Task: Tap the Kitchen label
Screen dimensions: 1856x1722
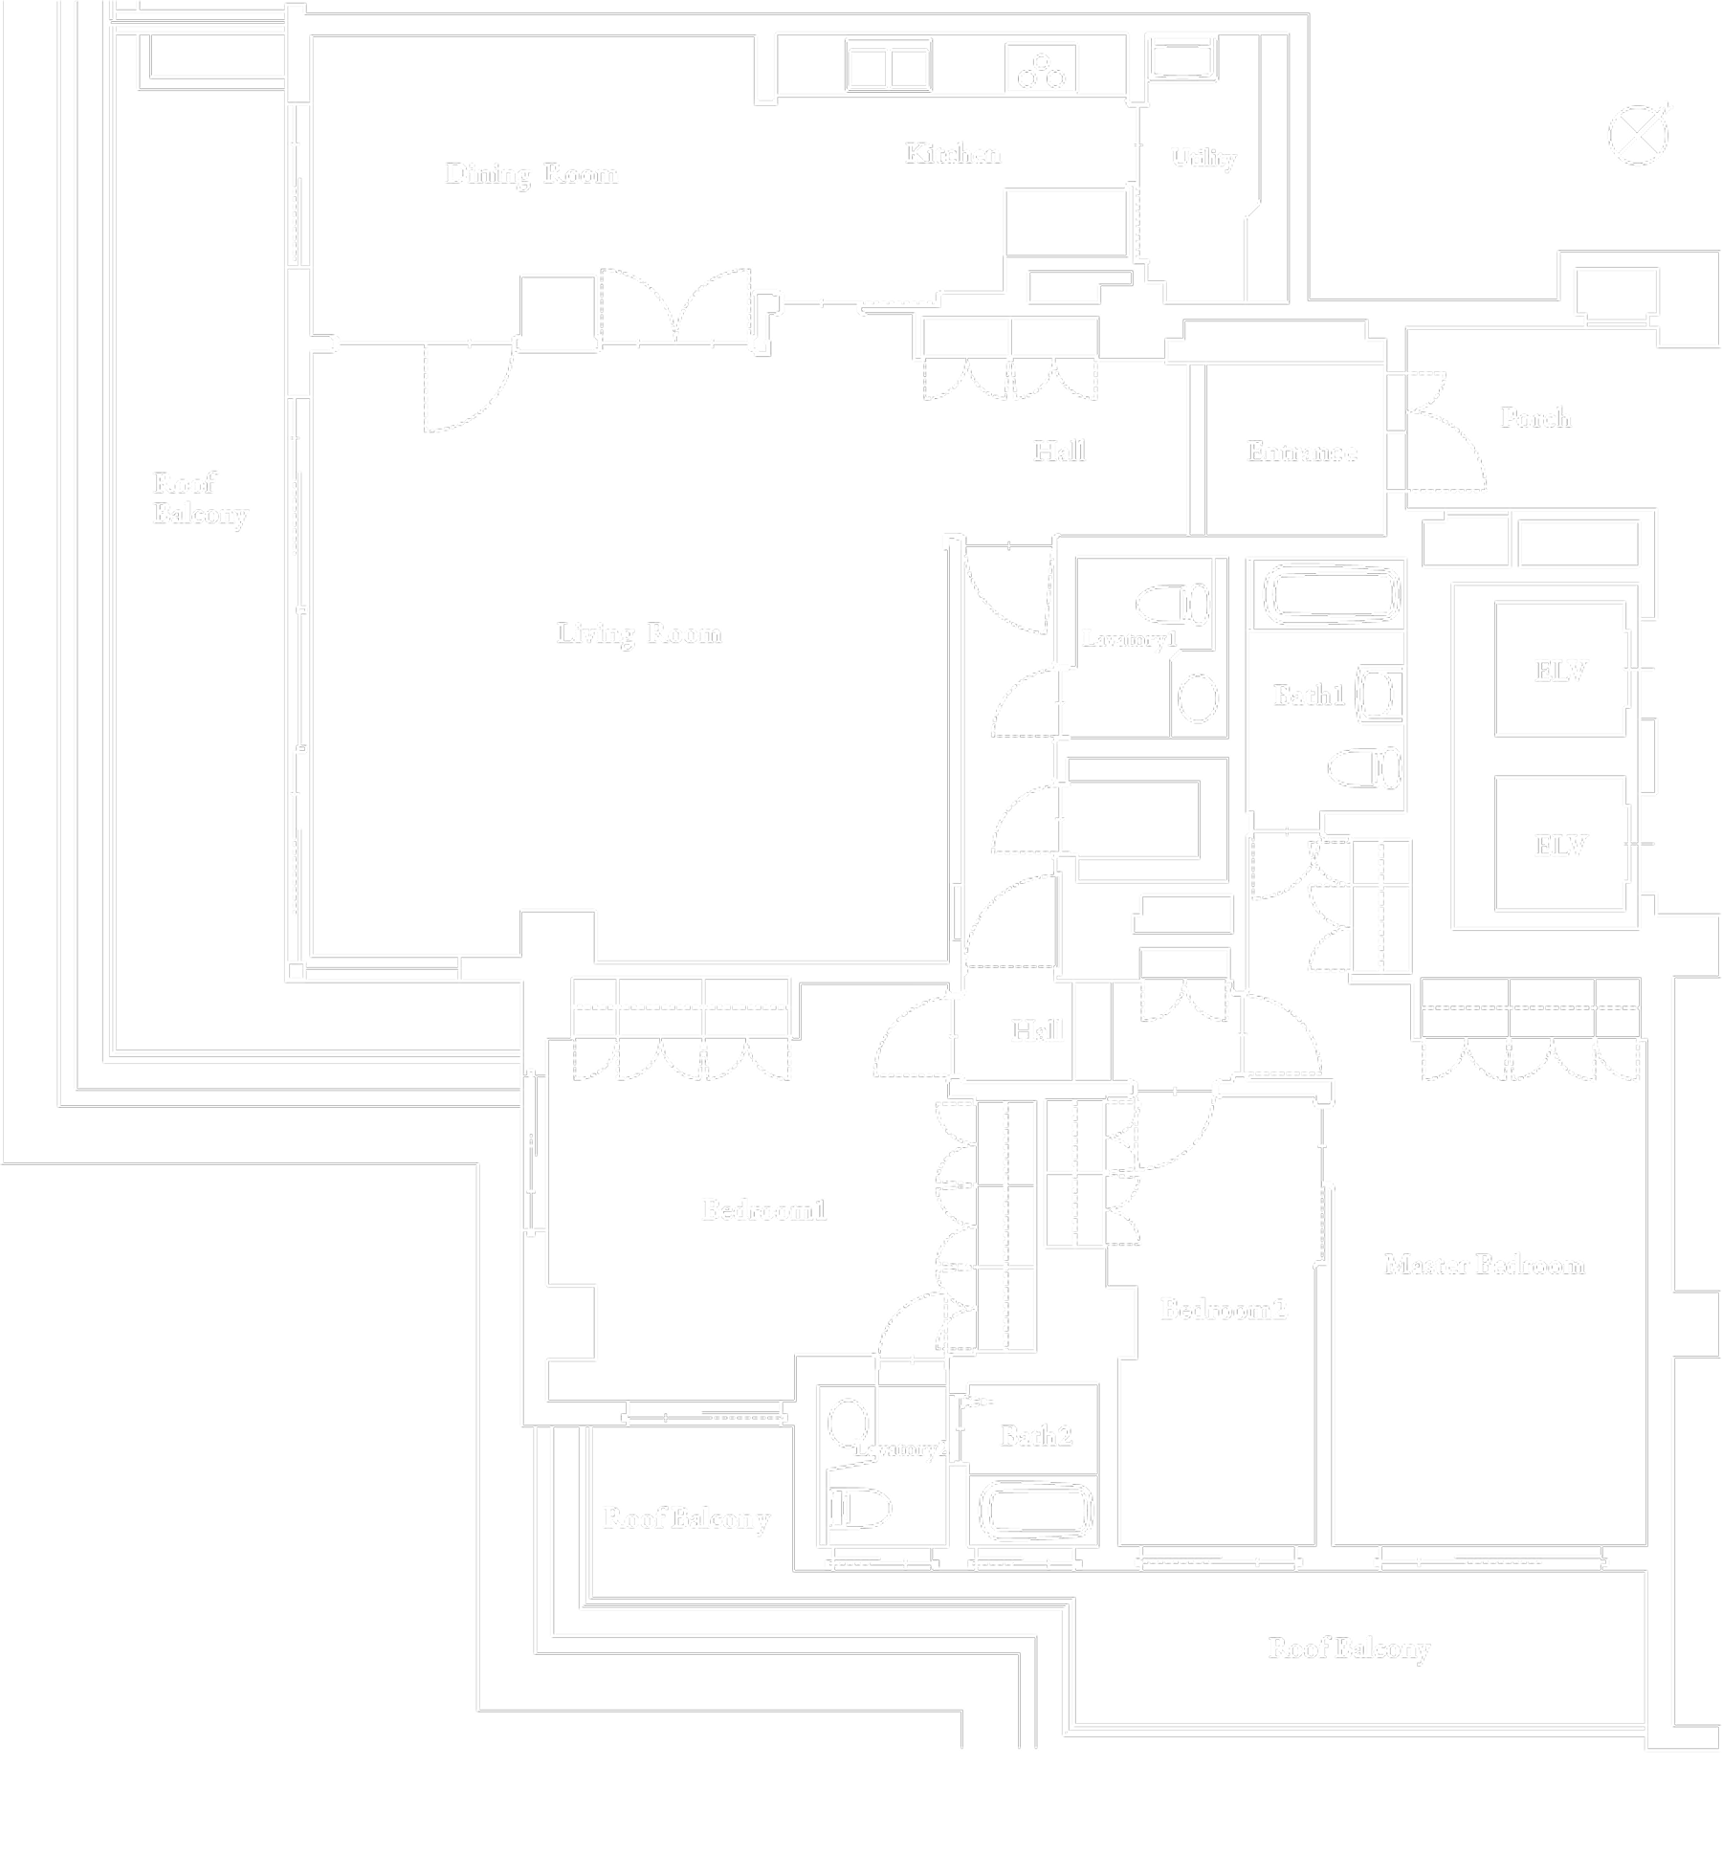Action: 953,154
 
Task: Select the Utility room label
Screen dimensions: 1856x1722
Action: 1203,158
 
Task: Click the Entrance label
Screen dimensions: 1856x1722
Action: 1301,452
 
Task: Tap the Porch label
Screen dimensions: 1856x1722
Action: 1534,417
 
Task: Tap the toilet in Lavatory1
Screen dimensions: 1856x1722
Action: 1173,604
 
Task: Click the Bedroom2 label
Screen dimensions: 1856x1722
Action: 1224,1309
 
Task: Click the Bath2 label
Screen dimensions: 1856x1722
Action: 1035,1435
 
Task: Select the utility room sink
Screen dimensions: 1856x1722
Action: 1181,60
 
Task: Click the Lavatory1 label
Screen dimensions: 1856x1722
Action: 1129,639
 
